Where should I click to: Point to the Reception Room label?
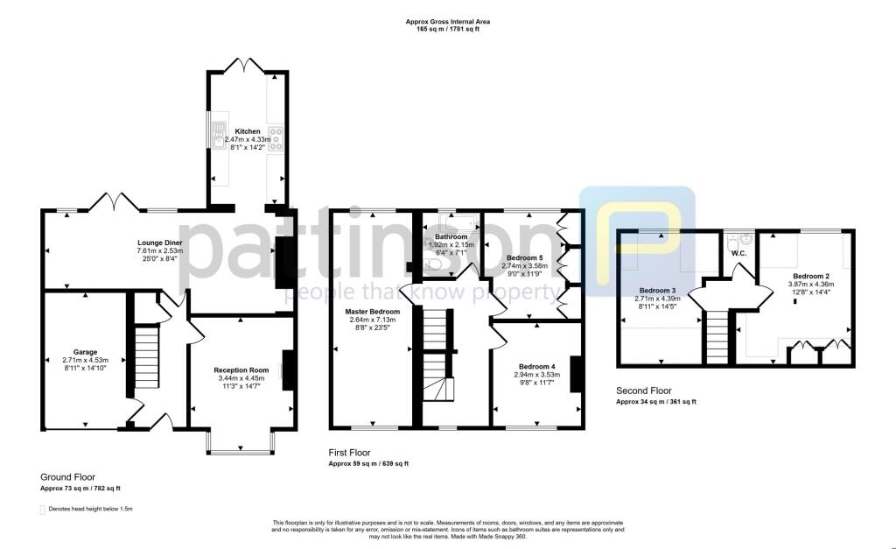[241, 370]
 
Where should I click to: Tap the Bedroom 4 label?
[535, 366]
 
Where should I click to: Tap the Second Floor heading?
[645, 391]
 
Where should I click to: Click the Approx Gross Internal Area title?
[447, 21]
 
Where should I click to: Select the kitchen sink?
[217, 138]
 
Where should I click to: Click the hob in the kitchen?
[276, 137]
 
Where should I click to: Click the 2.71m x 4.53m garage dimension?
[85, 360]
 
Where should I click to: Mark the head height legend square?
[43, 509]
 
